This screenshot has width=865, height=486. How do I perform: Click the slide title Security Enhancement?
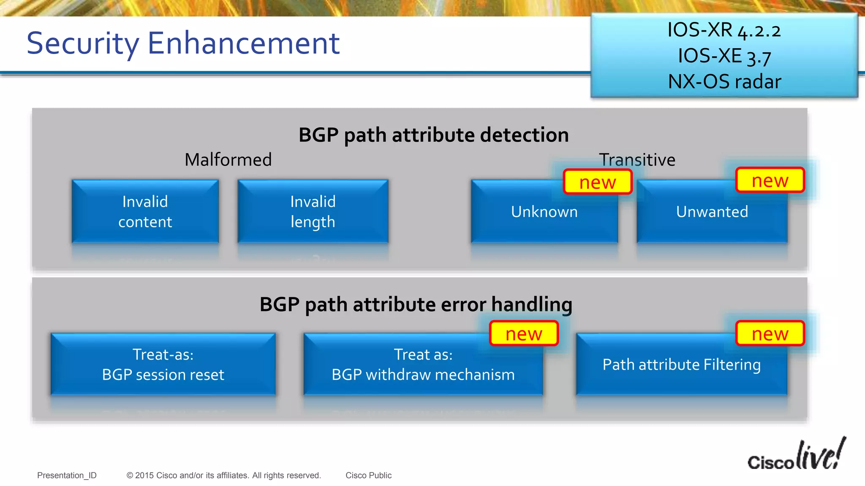(183, 43)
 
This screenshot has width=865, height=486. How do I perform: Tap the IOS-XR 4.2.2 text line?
(724, 30)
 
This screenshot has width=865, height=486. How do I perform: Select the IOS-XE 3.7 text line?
(724, 56)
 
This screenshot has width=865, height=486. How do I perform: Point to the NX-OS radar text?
(724, 81)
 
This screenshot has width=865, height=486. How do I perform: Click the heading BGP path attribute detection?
(433, 135)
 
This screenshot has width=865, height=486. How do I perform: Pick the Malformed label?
(228, 160)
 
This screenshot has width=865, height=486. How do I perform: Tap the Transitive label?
(637, 160)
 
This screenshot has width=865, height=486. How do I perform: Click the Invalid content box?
(145, 211)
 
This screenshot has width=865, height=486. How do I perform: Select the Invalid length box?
(313, 211)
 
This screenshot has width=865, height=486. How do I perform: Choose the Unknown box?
(544, 212)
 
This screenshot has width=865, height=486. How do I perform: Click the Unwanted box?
(712, 212)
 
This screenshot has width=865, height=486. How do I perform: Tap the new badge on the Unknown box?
(598, 182)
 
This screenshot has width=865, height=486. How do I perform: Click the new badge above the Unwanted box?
(770, 180)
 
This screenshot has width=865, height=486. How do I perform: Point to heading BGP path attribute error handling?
(416, 304)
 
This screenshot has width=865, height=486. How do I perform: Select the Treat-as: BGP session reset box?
(163, 364)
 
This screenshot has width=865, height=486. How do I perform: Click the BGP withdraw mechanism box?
(423, 364)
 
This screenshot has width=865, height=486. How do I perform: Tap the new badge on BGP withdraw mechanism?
(524, 334)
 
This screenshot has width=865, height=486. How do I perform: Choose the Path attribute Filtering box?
(681, 364)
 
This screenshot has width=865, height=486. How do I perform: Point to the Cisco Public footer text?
(368, 475)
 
